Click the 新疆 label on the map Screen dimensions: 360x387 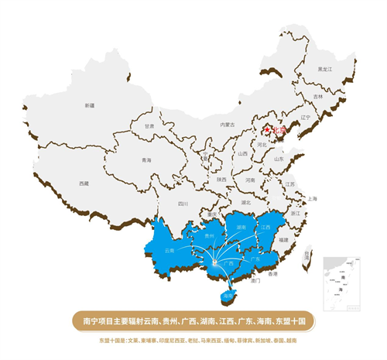[x=90, y=105]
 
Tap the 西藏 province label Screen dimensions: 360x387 [x=84, y=183]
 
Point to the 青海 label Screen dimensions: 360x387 [x=146, y=160]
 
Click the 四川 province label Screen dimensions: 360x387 [x=183, y=204]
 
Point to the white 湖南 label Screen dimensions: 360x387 [x=241, y=228]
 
